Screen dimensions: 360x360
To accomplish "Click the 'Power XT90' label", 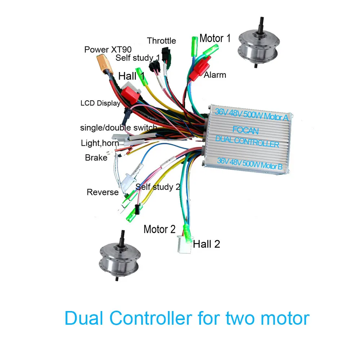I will coord(108,49).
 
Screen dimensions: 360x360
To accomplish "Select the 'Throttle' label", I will coord(161,41).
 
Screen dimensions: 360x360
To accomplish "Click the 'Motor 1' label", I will coord(215,38).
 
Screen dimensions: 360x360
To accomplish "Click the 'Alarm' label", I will coord(215,75).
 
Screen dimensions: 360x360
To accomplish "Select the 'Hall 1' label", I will coord(131,76).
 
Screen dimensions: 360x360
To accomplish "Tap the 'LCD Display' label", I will coord(100,103).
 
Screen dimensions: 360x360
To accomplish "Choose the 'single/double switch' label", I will coord(118,128).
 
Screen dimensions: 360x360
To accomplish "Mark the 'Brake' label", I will coord(96,158).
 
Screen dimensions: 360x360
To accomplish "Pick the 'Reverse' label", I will coord(103,192).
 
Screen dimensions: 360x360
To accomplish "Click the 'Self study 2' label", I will coord(158,187).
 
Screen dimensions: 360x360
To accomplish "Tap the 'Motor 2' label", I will coord(159,229).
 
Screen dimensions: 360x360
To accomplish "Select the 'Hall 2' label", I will coord(206,244).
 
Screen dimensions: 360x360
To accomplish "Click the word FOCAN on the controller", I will coord(246,130).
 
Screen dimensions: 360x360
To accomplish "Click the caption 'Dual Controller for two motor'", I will coord(187,318).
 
